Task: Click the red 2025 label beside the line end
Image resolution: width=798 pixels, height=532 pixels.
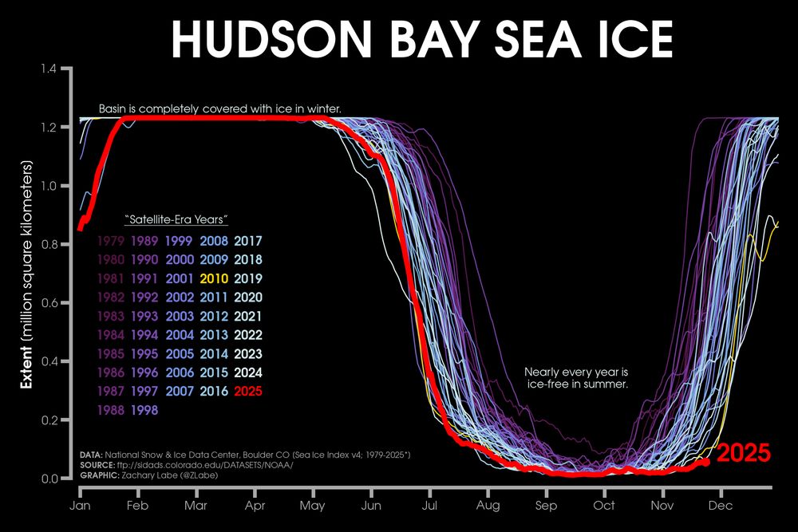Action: point(744,454)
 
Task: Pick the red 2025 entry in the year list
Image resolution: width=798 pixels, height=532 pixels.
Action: point(248,392)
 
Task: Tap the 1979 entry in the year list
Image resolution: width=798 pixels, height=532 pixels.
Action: point(110,240)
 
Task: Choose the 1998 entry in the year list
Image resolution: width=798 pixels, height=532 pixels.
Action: point(144,410)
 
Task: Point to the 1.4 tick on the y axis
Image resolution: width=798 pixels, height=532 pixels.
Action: point(53,69)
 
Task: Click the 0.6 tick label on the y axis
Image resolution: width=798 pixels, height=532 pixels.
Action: point(53,303)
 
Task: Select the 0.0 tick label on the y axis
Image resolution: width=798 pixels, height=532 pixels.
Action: point(53,479)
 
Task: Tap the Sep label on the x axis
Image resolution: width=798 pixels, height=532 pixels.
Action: point(546,506)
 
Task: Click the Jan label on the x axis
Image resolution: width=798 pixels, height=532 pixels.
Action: point(79,506)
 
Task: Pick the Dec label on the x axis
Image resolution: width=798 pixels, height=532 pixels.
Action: point(721,506)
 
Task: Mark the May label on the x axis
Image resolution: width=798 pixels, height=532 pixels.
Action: point(312,506)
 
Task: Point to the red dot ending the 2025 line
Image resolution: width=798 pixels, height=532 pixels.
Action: point(705,461)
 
